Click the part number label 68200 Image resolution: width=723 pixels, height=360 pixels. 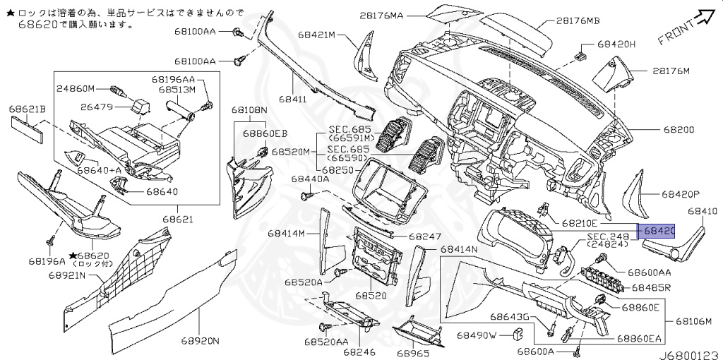[x=679, y=130]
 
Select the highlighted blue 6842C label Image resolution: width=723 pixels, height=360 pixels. [x=657, y=231]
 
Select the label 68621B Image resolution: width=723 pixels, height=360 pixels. [x=27, y=109]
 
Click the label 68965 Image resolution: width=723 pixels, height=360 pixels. [x=413, y=352]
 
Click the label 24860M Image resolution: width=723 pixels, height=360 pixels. [x=75, y=89]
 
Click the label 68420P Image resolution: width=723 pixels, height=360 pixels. [x=681, y=193]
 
